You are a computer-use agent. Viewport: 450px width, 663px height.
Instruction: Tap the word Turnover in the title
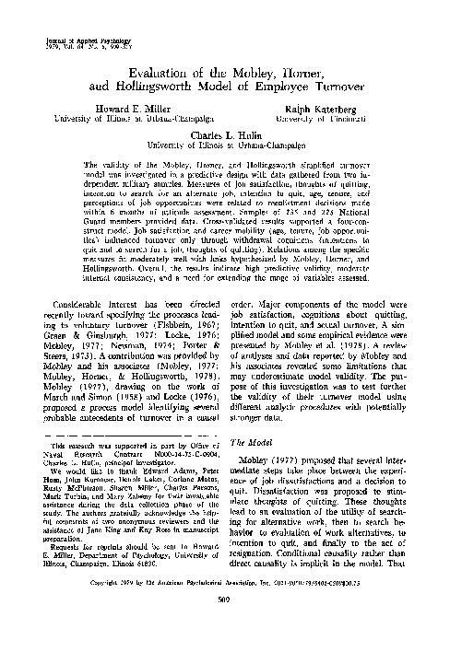click(314, 91)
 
